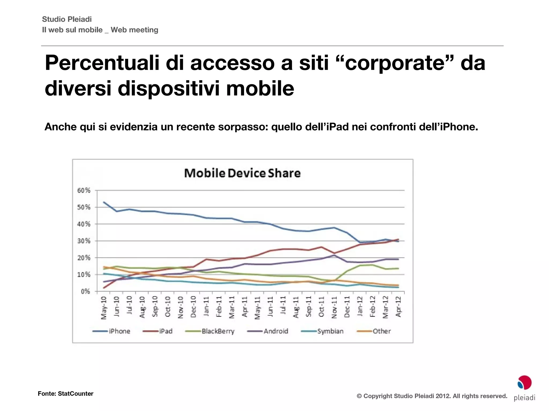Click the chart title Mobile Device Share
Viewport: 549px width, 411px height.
pyautogui.click(x=242, y=173)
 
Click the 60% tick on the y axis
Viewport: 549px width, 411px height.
pyautogui.click(x=84, y=191)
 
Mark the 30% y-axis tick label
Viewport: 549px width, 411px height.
pyautogui.click(x=84, y=241)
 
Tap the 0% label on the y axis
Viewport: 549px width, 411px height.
pyautogui.click(x=85, y=291)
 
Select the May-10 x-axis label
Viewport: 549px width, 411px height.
pyautogui.click(x=104, y=308)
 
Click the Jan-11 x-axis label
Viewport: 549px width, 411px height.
pyautogui.click(x=206, y=307)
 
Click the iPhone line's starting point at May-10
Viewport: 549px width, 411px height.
pyautogui.click(x=104, y=202)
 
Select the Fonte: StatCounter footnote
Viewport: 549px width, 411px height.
pyautogui.click(x=65, y=394)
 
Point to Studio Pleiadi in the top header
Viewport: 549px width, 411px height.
pyautogui.click(x=67, y=19)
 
